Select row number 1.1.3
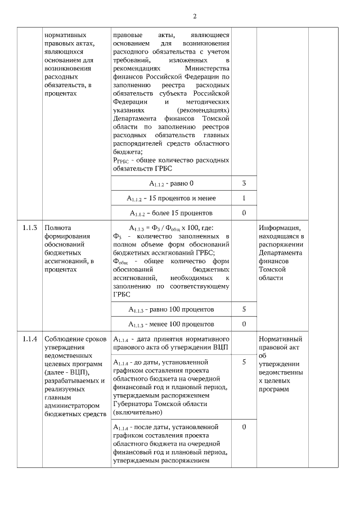tap(30, 228)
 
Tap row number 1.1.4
tap(30, 339)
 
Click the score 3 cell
tap(244, 183)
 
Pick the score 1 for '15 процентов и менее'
tap(244, 198)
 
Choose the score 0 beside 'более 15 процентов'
tap(244, 213)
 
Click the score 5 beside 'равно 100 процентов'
tap(244, 309)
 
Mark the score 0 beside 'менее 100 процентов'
tap(244, 324)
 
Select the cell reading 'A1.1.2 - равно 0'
tap(171, 184)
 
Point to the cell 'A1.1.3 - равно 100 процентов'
tap(171, 310)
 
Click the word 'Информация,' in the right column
tap(280, 228)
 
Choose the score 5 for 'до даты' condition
tap(244, 362)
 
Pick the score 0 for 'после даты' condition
tap(244, 427)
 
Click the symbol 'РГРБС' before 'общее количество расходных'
tap(120, 160)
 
